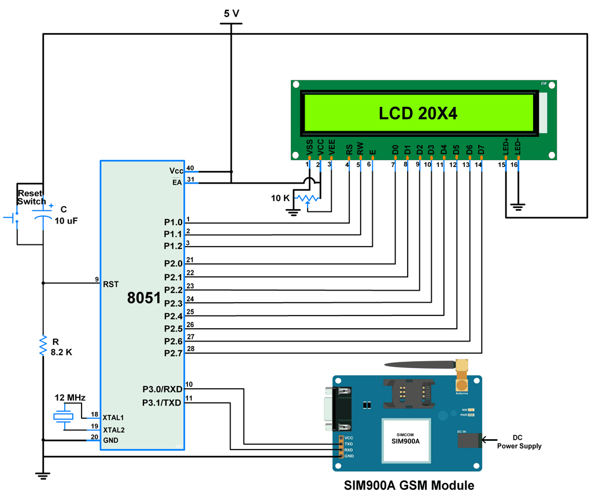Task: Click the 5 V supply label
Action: (231, 13)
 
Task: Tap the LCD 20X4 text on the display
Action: (418, 114)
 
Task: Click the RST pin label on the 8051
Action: (110, 284)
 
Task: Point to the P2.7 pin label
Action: (173, 353)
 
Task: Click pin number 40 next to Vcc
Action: (190, 169)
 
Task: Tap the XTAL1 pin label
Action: (113, 417)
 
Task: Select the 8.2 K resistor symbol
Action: (43, 346)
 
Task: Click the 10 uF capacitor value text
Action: (66, 221)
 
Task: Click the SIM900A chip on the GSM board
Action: (406, 440)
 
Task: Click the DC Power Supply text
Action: (519, 442)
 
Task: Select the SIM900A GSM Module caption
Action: (409, 485)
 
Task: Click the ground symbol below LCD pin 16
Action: (519, 205)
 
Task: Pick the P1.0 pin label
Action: (173, 222)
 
